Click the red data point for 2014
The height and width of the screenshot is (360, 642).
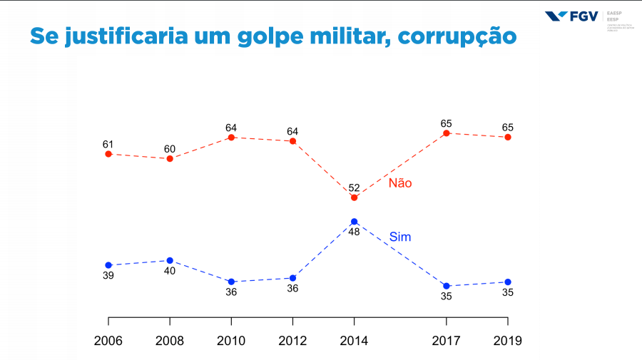click(x=354, y=197)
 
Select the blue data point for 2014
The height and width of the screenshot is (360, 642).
click(x=354, y=222)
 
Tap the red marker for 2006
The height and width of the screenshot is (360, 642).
click(x=108, y=153)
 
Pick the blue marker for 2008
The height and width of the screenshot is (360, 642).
click(x=170, y=260)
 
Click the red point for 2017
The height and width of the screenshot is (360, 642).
click(x=447, y=133)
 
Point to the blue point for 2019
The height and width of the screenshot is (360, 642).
click(x=508, y=282)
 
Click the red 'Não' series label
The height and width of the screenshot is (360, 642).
click(x=400, y=183)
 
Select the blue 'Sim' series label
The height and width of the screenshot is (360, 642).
click(x=400, y=237)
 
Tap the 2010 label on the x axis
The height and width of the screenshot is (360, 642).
click(x=231, y=341)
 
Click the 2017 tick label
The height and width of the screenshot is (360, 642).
click(x=447, y=341)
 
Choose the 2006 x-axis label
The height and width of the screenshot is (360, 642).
click(x=108, y=341)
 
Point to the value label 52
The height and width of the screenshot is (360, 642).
click(x=354, y=187)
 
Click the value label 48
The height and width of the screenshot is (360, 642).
click(x=354, y=232)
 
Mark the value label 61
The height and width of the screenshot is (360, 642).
click(x=108, y=144)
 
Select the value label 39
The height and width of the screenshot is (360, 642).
click(x=108, y=275)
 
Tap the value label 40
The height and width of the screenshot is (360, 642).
click(x=170, y=271)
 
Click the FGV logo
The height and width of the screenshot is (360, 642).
click(x=571, y=16)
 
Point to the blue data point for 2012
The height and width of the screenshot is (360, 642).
click(x=292, y=278)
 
